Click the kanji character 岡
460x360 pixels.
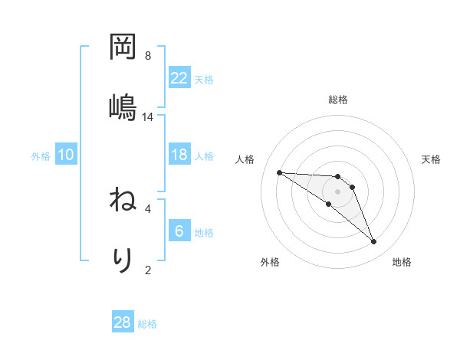tap(123, 48)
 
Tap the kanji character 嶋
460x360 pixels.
tap(123, 105)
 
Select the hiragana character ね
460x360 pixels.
tap(123, 201)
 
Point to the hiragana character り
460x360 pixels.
tap(123, 260)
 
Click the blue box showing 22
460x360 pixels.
tap(179, 78)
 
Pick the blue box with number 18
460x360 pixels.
tap(179, 155)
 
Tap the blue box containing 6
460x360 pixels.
tap(179, 231)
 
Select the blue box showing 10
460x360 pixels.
tap(66, 155)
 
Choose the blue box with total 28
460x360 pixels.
tap(123, 322)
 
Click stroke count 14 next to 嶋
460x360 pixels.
tap(148, 116)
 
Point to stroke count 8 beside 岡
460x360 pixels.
tap(148, 56)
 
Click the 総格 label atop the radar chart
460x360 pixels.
tap(338, 100)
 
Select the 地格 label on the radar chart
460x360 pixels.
tap(402, 262)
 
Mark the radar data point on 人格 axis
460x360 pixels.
tap(279, 172)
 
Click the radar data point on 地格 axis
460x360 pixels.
tap(373, 242)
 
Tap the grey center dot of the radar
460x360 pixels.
tap(338, 191)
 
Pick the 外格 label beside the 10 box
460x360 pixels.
tap(41, 155)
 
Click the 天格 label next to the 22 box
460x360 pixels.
tap(204, 79)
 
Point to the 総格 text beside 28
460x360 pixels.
tap(147, 323)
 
